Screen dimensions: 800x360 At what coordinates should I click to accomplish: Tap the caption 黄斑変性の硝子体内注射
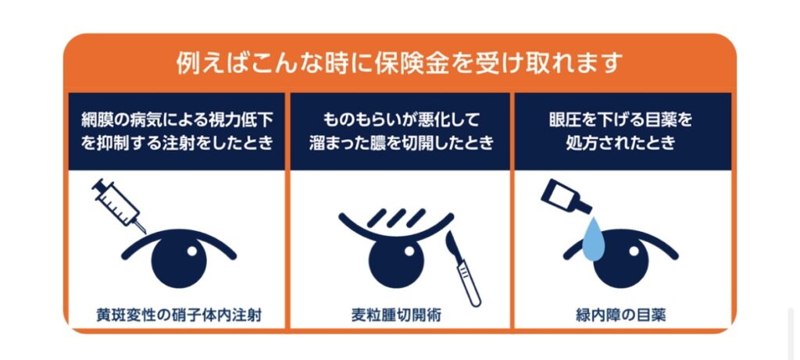[x=179, y=315]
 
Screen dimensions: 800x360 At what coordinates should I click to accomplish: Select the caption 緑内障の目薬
[x=621, y=315]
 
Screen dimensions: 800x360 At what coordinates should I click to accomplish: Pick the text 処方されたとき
[x=621, y=143]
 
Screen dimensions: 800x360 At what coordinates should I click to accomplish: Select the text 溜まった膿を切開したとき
[x=401, y=143]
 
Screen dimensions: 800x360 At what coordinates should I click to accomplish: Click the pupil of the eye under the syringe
[x=180, y=261]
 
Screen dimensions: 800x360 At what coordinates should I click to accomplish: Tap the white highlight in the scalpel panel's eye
[x=408, y=251]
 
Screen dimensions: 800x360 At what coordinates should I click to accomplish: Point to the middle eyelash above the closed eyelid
[x=396, y=218]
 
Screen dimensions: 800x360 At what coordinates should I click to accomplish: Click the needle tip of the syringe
[x=145, y=233]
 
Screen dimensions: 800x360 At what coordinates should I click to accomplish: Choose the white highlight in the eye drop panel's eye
[x=634, y=251]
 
